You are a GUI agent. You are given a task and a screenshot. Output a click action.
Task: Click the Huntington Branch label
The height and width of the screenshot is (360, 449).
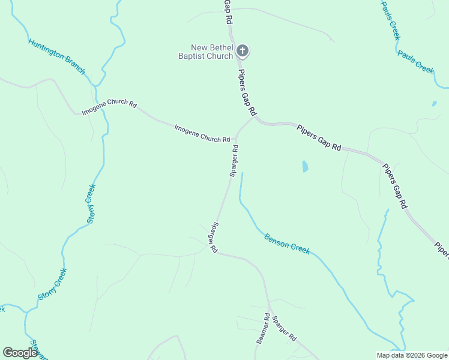click(56, 57)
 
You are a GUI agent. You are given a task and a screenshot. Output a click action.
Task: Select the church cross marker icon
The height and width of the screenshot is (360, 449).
click(243, 51)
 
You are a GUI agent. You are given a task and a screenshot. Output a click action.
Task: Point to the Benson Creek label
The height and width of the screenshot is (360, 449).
click(287, 243)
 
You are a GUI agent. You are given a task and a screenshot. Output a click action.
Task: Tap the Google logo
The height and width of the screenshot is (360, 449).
click(20, 353)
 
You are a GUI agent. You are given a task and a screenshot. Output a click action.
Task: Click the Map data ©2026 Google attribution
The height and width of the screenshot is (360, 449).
click(412, 355)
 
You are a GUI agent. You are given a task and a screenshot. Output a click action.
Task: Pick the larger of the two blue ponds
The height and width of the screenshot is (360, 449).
click(305, 166)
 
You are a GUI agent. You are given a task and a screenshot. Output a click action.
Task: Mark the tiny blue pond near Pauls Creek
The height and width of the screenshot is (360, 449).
click(434, 104)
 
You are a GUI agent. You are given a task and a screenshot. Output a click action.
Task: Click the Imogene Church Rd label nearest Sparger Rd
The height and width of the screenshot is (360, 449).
click(202, 133)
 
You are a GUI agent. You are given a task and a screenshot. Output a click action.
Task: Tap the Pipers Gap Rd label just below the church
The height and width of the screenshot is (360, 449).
click(247, 93)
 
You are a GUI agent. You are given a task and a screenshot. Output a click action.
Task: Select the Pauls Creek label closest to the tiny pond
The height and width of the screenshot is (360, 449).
click(415, 61)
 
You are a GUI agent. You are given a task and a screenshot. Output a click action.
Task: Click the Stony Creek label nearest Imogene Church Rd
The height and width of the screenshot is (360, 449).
click(91, 203)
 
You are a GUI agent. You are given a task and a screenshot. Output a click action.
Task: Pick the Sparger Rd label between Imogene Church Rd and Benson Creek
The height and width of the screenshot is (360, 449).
click(234, 160)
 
